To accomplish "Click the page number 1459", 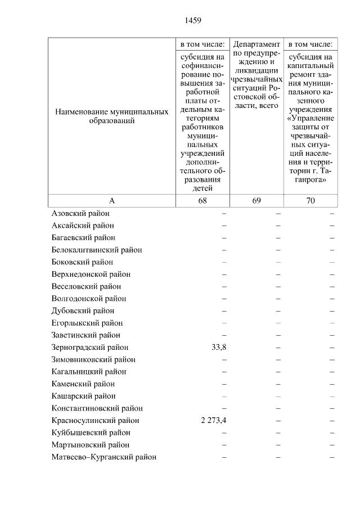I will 193,21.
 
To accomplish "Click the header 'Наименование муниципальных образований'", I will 112,116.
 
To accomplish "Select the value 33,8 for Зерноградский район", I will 219,348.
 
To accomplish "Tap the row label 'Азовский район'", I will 80,213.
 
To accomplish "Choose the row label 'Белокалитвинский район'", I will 96,250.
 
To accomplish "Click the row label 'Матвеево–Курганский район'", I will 103,457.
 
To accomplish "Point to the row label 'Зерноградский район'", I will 89,348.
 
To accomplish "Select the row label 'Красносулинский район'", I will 95,421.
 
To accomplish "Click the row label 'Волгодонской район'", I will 88,299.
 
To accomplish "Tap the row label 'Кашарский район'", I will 83,396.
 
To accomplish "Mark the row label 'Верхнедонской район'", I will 91,274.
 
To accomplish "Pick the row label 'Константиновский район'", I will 97,408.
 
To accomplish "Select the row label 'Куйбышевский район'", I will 91,433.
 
